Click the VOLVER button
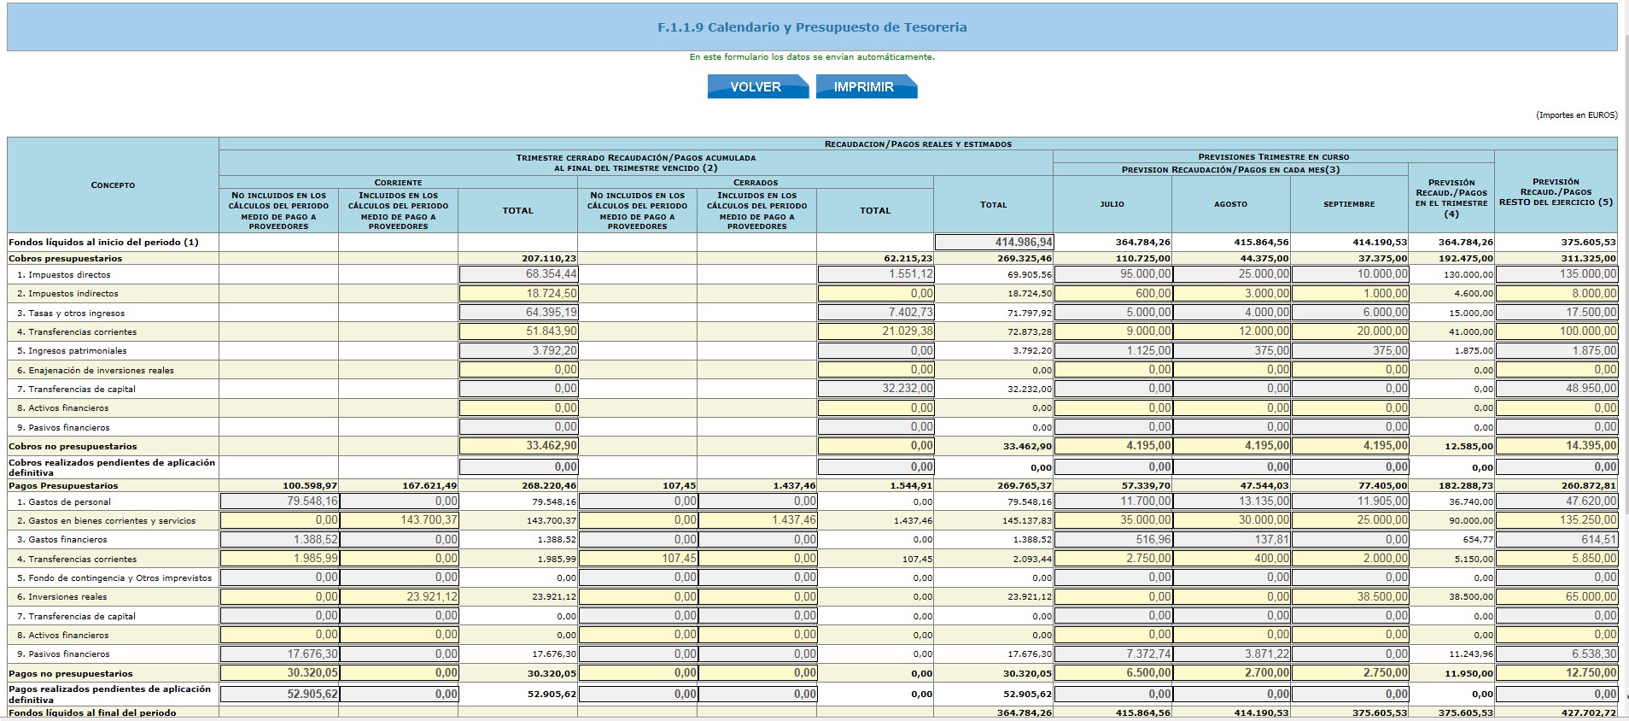click(757, 86)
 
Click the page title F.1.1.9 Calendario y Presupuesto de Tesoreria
click(812, 27)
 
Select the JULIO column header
click(1112, 204)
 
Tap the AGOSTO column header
click(1230, 204)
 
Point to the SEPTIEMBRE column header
click(1349, 204)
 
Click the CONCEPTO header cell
click(113, 185)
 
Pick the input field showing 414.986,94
click(994, 242)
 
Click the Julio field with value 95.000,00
click(1112, 274)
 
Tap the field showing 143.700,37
click(399, 520)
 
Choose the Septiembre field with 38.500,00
click(1349, 596)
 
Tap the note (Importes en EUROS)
click(1576, 114)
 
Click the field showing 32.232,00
click(876, 388)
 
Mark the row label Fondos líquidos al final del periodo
click(92, 712)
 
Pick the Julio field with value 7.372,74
click(1112, 654)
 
